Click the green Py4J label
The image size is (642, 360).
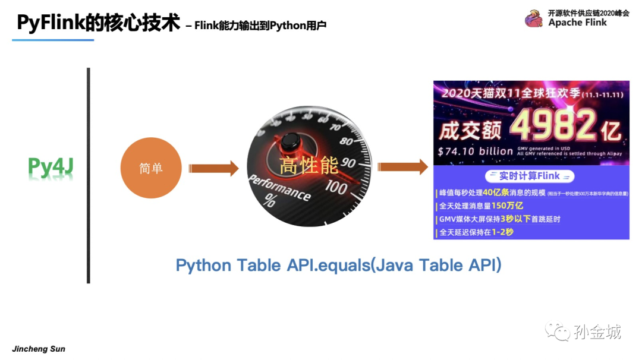pos(51,168)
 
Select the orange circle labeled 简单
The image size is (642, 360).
pos(150,169)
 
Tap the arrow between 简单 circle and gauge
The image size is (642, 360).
pos(213,169)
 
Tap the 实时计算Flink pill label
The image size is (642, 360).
pos(530,176)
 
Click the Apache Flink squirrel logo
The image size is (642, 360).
pos(533,19)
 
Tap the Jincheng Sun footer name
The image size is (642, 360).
pos(39,349)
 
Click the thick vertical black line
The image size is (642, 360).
pos(89,175)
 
